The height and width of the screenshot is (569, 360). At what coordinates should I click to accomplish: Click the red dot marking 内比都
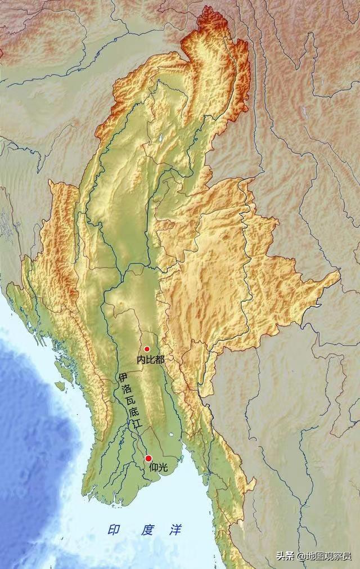click(x=147, y=349)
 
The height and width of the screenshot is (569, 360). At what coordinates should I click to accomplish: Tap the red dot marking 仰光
click(x=148, y=458)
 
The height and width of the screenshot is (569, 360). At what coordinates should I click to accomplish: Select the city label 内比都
click(x=150, y=359)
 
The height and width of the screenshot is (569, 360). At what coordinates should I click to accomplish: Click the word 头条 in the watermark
click(x=283, y=555)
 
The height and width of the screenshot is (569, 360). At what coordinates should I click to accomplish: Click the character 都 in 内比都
click(x=159, y=359)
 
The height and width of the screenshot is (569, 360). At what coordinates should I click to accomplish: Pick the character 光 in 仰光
click(x=162, y=467)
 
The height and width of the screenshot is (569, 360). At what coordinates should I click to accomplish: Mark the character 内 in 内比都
click(x=141, y=359)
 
